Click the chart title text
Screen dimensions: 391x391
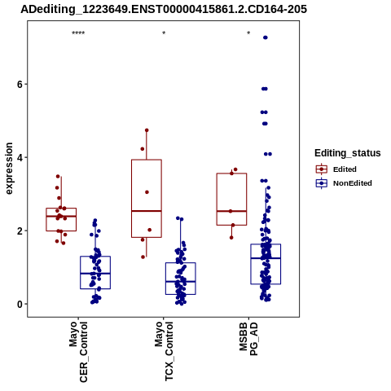tap(164, 9)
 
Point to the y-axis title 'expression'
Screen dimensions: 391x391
tap(9, 169)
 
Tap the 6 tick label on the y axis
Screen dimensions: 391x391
tap(20, 85)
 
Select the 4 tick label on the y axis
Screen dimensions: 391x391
tap(20, 157)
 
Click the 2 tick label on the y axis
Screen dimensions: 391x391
tap(20, 231)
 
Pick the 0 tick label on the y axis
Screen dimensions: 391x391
tap(20, 305)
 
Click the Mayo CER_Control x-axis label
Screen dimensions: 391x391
tap(78, 352)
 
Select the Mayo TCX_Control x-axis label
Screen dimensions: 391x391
tap(164, 351)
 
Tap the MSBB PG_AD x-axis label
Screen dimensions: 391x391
tap(248, 339)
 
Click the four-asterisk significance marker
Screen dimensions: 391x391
tap(78, 33)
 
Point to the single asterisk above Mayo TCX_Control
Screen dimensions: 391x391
tap(164, 33)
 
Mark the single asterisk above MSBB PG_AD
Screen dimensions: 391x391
tap(248, 33)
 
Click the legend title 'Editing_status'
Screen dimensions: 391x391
tap(348, 153)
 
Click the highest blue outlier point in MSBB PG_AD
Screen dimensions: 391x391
tap(266, 37)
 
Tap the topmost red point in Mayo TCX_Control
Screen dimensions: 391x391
tap(147, 130)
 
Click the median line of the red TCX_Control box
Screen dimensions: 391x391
tap(147, 211)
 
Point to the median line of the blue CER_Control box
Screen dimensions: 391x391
tap(95, 274)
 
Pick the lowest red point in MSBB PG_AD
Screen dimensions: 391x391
tap(231, 238)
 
